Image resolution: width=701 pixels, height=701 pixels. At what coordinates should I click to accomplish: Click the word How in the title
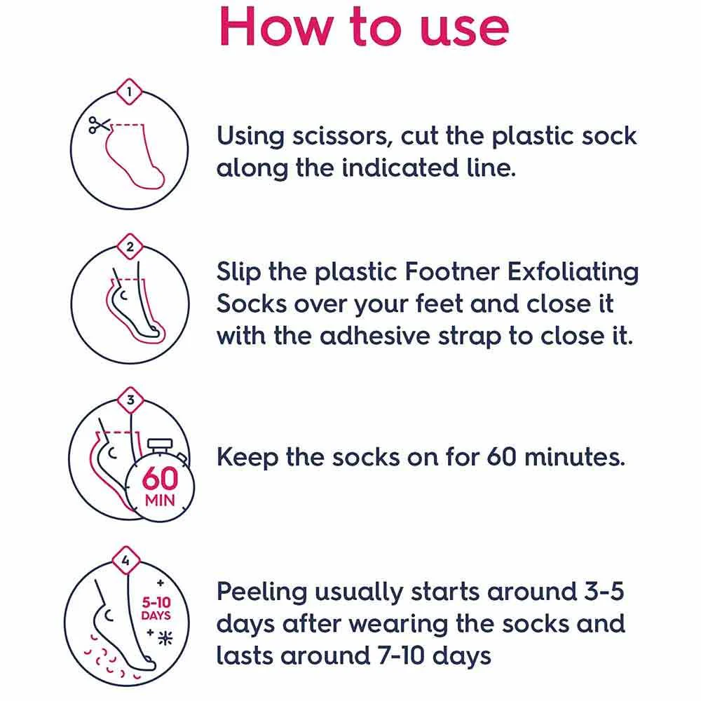276,27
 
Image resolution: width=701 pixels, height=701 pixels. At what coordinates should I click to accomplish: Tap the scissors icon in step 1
99,125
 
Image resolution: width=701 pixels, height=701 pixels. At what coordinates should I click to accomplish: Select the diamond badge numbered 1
129,92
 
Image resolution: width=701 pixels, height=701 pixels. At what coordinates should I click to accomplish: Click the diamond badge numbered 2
130,246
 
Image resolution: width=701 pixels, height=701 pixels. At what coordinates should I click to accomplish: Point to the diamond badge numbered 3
130,400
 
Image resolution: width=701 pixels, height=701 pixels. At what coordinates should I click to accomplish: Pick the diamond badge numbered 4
125,559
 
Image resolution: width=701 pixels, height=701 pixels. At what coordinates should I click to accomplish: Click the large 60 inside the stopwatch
160,478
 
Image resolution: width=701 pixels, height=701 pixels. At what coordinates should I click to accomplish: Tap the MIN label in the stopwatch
160,501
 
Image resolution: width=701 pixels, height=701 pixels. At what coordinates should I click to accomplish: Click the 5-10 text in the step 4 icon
156,601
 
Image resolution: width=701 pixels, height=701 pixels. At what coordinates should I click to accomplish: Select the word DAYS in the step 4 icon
156,615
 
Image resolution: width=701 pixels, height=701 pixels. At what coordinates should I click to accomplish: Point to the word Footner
452,271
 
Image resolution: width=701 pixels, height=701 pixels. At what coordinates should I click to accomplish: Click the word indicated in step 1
400,168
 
